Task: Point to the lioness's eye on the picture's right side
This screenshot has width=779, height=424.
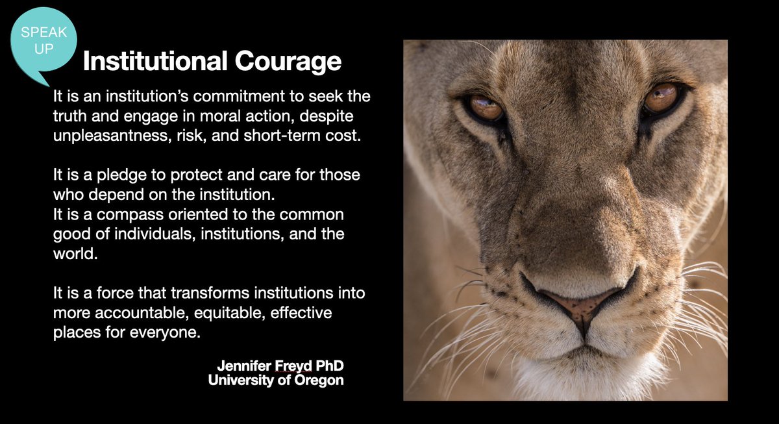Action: pyautogui.click(x=661, y=97)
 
